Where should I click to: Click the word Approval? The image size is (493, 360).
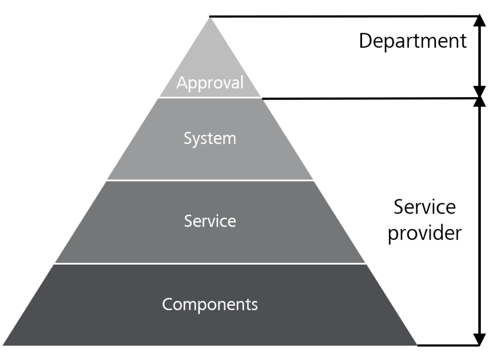(210, 83)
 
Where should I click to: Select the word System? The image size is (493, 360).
(210, 139)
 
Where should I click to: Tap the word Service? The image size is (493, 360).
(210, 221)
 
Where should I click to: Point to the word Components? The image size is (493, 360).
(210, 304)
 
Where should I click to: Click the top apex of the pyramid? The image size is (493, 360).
(210, 16)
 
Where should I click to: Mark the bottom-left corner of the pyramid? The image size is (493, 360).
(3, 345)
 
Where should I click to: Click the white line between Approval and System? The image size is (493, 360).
(210, 98)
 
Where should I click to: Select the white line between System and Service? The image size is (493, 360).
(210, 180)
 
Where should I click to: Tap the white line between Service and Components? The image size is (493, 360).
(210, 263)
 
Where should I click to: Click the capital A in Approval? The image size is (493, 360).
(182, 83)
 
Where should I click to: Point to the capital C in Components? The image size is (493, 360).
(167, 304)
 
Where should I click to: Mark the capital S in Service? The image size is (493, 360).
(189, 221)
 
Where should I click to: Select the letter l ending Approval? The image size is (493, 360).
(242, 82)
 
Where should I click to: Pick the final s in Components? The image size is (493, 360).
(254, 305)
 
